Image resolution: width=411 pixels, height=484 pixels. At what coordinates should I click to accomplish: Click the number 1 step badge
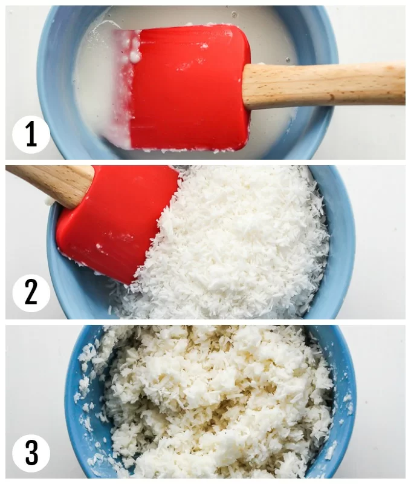tap(31, 134)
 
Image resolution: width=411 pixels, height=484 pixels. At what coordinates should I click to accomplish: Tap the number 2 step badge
tap(31, 293)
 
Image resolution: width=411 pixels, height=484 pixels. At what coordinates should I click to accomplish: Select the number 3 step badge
tap(31, 453)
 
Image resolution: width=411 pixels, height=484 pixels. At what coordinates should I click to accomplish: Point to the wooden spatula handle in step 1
tap(324, 85)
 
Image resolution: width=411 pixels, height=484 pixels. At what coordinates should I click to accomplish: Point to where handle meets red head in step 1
tap(246, 87)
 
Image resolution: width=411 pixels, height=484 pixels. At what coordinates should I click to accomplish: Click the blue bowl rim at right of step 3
tap(345, 401)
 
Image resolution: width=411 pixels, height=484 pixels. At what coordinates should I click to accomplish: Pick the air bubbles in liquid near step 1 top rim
tap(235, 14)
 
